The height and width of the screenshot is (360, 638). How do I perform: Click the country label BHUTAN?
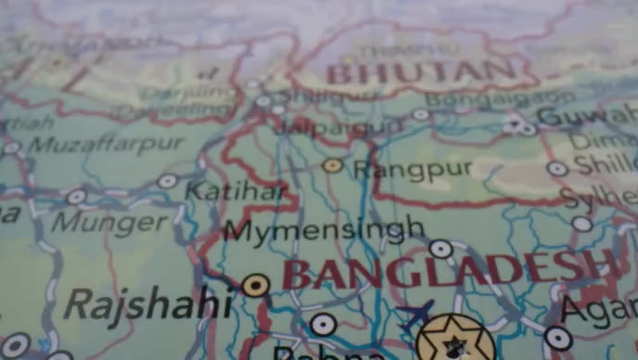tap(422, 71)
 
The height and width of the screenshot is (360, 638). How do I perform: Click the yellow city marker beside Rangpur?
tap(333, 165)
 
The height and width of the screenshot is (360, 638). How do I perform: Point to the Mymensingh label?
tap(325, 228)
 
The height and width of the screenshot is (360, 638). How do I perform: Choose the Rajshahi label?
tap(148, 302)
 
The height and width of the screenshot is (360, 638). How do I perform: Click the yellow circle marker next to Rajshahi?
tap(255, 285)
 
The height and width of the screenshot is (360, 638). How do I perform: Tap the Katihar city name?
tap(236, 192)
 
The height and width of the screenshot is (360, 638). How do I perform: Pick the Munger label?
tap(109, 223)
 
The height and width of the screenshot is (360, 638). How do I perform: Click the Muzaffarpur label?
tap(106, 144)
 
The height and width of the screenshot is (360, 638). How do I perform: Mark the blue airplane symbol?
tap(416, 312)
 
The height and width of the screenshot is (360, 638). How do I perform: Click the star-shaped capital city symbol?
tap(455, 340)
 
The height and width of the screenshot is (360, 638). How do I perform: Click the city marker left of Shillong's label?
tap(556, 169)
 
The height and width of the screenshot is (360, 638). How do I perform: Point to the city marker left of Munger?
tap(76, 197)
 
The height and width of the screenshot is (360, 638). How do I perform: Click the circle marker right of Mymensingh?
tap(440, 248)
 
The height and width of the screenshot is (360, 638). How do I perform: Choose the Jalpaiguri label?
tap(343, 125)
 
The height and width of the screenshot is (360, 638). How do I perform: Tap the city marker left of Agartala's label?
tap(557, 338)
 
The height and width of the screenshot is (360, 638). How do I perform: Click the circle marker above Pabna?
tap(323, 324)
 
